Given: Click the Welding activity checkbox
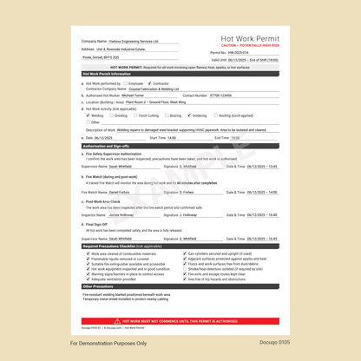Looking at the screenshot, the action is click(x=88, y=115).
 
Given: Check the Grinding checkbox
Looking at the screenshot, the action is click(x=110, y=115).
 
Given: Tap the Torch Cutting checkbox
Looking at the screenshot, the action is click(x=135, y=115).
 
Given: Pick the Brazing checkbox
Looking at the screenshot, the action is click(x=167, y=115).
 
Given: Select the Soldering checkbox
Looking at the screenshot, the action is click(x=190, y=115).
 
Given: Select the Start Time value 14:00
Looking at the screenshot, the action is click(x=185, y=137).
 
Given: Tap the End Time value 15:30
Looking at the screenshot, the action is click(x=240, y=137).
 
